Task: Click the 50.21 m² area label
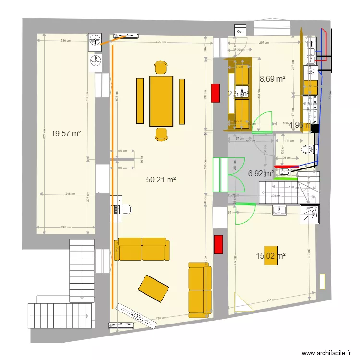point(161,180)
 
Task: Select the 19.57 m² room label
point(66,134)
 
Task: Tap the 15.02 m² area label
point(271,256)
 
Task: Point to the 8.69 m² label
point(273,79)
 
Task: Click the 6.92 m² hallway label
point(261,173)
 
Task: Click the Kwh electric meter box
point(240,31)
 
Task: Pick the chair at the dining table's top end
point(161,68)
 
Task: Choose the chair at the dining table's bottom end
point(161,134)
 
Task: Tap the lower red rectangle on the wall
point(218,244)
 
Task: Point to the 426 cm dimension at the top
point(161,42)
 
